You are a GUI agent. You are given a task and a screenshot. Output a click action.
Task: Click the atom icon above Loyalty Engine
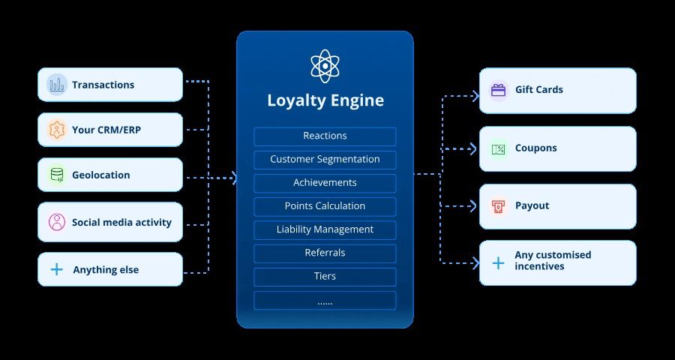pos(325,66)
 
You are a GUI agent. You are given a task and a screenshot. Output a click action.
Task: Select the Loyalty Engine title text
pos(325,100)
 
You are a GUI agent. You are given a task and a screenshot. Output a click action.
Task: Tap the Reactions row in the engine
pos(325,136)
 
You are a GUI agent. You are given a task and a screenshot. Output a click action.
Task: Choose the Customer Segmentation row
pos(325,160)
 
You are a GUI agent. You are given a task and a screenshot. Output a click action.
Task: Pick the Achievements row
pos(325,183)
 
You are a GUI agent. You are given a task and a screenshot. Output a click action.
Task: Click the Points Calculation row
pos(325,206)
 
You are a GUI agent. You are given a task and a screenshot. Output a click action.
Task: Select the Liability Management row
pos(325,229)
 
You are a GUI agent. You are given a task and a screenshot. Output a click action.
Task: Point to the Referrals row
pos(325,253)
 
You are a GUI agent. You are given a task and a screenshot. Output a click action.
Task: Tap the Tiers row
pos(325,276)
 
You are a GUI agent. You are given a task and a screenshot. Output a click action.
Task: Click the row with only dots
pos(325,301)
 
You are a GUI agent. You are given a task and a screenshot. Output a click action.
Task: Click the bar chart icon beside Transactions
pos(57,85)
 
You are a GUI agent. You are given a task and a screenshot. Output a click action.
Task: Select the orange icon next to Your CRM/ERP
pos(57,130)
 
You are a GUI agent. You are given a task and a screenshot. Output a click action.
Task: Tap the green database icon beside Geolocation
pos(57,175)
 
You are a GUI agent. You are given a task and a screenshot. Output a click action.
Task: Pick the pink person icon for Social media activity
pos(57,222)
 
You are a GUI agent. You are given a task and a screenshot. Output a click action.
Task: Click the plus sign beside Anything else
pos(57,270)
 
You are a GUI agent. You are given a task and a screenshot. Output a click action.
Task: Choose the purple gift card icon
pos(498,90)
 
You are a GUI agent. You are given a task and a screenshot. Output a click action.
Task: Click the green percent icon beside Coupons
pos(498,148)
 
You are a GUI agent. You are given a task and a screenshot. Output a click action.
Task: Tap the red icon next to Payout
pos(498,206)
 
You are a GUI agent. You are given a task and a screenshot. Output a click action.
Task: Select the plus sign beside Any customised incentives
pos(498,262)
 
